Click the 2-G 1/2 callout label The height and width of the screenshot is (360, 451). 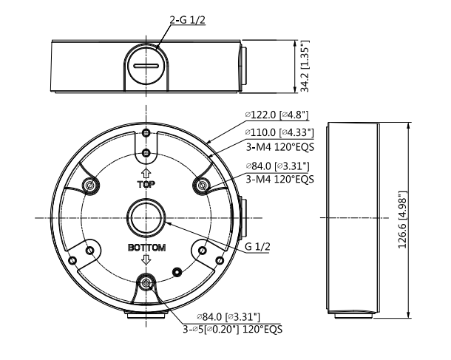point(188,20)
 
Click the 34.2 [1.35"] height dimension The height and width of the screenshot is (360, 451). point(305,66)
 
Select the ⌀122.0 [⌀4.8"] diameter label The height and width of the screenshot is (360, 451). point(277,115)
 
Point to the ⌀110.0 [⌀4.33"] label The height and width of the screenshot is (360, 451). point(279,132)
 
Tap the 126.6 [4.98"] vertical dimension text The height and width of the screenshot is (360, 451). point(402,220)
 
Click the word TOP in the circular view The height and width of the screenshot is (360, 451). point(146,184)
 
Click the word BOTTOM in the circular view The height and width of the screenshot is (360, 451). point(146,248)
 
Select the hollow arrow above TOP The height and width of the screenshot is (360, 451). point(146,174)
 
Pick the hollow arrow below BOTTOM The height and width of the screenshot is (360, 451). point(146,259)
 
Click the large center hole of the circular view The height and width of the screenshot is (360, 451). point(146,217)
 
